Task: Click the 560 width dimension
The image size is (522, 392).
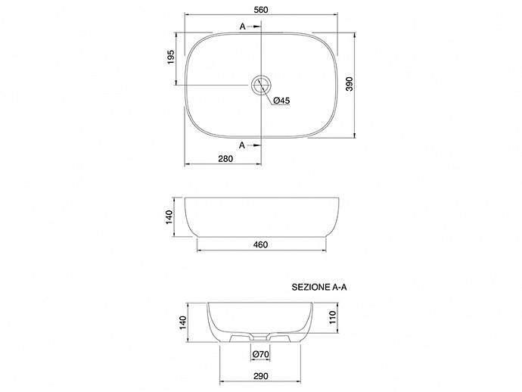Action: click(x=261, y=10)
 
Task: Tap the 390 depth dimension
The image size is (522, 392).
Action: click(x=349, y=84)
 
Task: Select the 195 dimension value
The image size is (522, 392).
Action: click(x=170, y=57)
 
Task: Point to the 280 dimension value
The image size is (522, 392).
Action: click(x=225, y=159)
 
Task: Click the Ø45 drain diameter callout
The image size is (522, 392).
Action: click(x=281, y=101)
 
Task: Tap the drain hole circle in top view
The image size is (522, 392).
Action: click(x=261, y=85)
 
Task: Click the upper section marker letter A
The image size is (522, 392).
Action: click(x=243, y=26)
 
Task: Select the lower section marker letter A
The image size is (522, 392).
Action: click(x=242, y=145)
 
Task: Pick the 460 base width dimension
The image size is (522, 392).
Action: click(x=261, y=244)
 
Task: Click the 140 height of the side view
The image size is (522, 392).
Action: click(x=169, y=217)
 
